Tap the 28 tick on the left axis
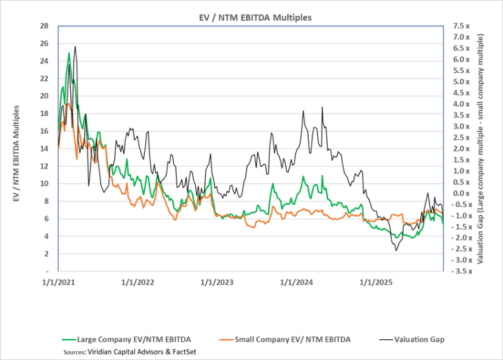coord(44,26)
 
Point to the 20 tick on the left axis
coord(44,96)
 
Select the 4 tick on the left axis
coord(46,236)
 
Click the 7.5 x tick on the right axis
coord(460,26)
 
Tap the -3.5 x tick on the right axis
coord(460,271)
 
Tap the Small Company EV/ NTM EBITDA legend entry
coord(292,339)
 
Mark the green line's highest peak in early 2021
coord(69,53)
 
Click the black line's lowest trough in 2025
coord(396,251)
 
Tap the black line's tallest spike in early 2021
coord(75,46)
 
